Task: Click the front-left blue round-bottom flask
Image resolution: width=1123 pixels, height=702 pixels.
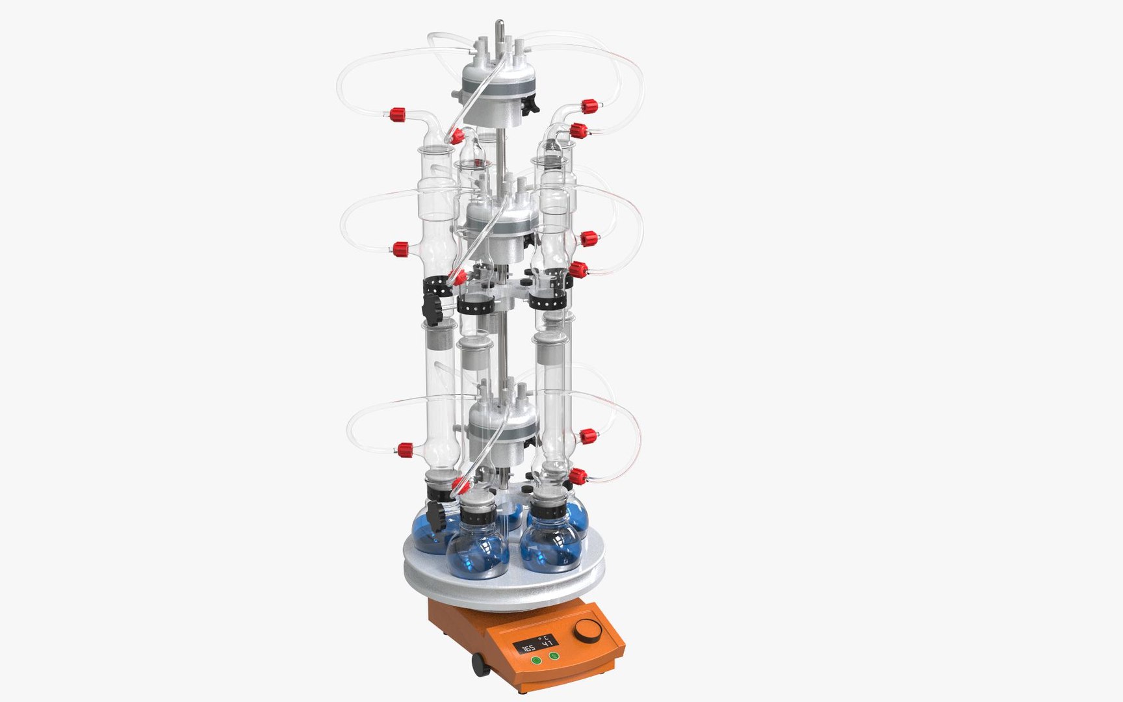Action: (x=477, y=552)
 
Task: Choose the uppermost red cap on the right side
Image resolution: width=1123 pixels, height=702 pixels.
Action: (x=589, y=105)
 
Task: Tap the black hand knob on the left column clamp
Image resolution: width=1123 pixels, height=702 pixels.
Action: (x=432, y=305)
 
